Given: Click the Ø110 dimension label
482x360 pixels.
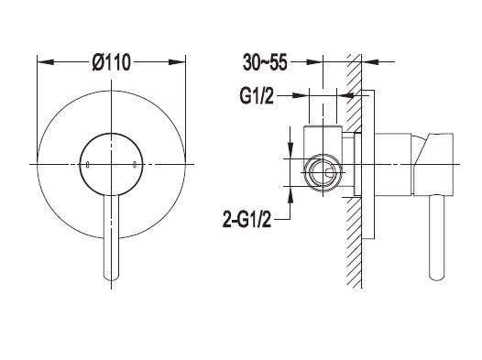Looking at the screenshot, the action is (x=112, y=62).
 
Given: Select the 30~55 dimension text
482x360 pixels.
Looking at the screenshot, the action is (x=265, y=62).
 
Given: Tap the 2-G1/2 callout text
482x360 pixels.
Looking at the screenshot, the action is (x=247, y=219).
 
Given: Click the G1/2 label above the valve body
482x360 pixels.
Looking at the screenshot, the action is (x=257, y=96).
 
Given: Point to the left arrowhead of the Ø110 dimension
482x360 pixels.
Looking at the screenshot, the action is (x=46, y=62).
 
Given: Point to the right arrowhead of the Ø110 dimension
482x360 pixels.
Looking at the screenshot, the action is (x=177, y=62).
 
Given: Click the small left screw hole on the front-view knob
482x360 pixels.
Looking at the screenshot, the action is (x=88, y=165).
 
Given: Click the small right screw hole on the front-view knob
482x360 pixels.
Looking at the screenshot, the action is (x=135, y=165).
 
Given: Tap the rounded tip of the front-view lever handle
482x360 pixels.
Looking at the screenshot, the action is (x=111, y=278).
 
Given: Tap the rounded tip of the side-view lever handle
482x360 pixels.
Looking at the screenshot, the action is (x=436, y=278).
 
